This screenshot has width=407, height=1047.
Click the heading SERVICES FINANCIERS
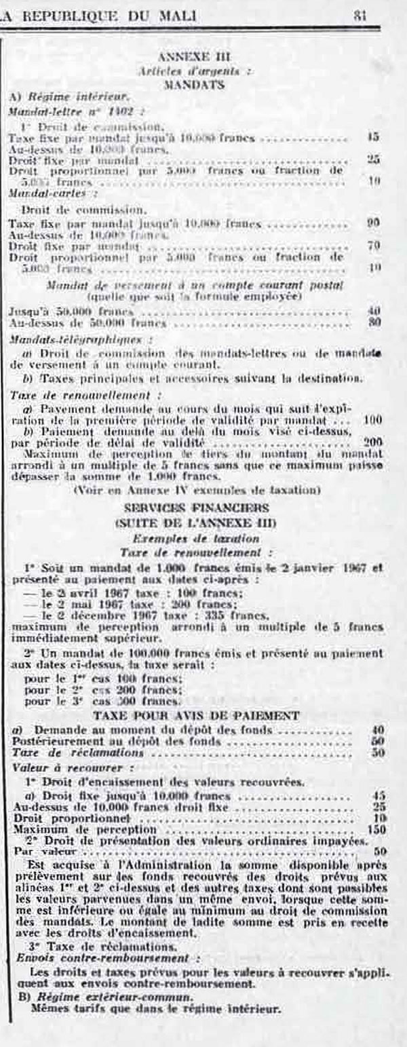tap(193, 507)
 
